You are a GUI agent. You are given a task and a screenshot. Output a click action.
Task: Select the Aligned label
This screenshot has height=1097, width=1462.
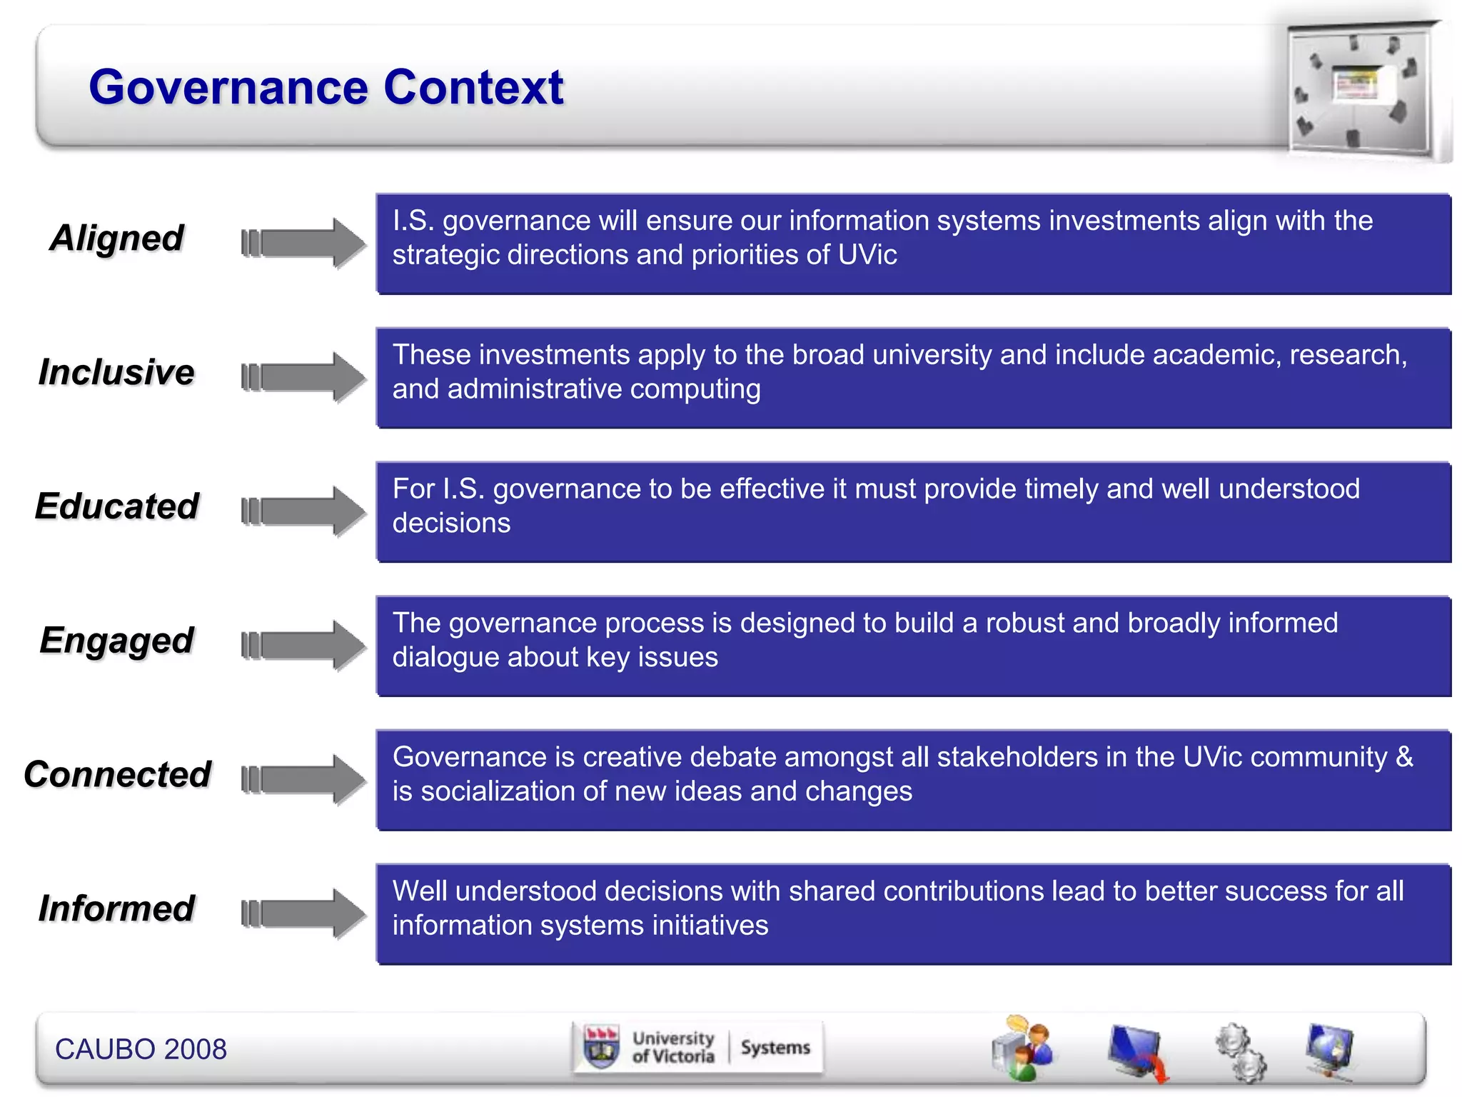pyautogui.click(x=117, y=238)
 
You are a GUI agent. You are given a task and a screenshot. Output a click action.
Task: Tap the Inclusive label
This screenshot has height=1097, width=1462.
pyautogui.click(x=116, y=372)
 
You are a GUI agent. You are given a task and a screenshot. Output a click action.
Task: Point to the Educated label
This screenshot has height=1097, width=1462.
pyautogui.click(x=117, y=506)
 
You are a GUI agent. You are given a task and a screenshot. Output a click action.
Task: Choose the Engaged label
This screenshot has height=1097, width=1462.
pyautogui.click(x=117, y=641)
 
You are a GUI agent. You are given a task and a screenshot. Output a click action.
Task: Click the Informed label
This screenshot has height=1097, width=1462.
pyautogui.click(x=116, y=908)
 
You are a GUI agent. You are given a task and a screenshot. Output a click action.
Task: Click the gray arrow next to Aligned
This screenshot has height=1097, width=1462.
pyautogui.click(x=303, y=243)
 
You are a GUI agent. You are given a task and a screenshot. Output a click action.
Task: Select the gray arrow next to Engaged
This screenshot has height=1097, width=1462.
pyautogui.click(x=303, y=645)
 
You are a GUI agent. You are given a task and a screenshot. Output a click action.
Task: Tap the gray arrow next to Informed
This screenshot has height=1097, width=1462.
pyautogui.click(x=303, y=913)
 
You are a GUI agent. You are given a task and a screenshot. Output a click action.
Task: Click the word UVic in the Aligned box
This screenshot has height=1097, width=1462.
pyautogui.click(x=867, y=255)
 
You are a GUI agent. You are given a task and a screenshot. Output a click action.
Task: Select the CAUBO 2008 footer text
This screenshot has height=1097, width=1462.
pyautogui.click(x=141, y=1049)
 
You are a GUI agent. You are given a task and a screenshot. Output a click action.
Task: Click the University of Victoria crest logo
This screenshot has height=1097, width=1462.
pyautogui.click(x=602, y=1048)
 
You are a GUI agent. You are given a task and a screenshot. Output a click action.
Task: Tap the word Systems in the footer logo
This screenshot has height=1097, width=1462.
pyautogui.click(x=775, y=1048)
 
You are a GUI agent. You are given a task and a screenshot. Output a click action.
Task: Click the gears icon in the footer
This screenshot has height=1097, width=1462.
pyautogui.click(x=1241, y=1051)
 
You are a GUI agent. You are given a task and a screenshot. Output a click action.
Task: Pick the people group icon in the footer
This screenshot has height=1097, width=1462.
pyautogui.click(x=1022, y=1048)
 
